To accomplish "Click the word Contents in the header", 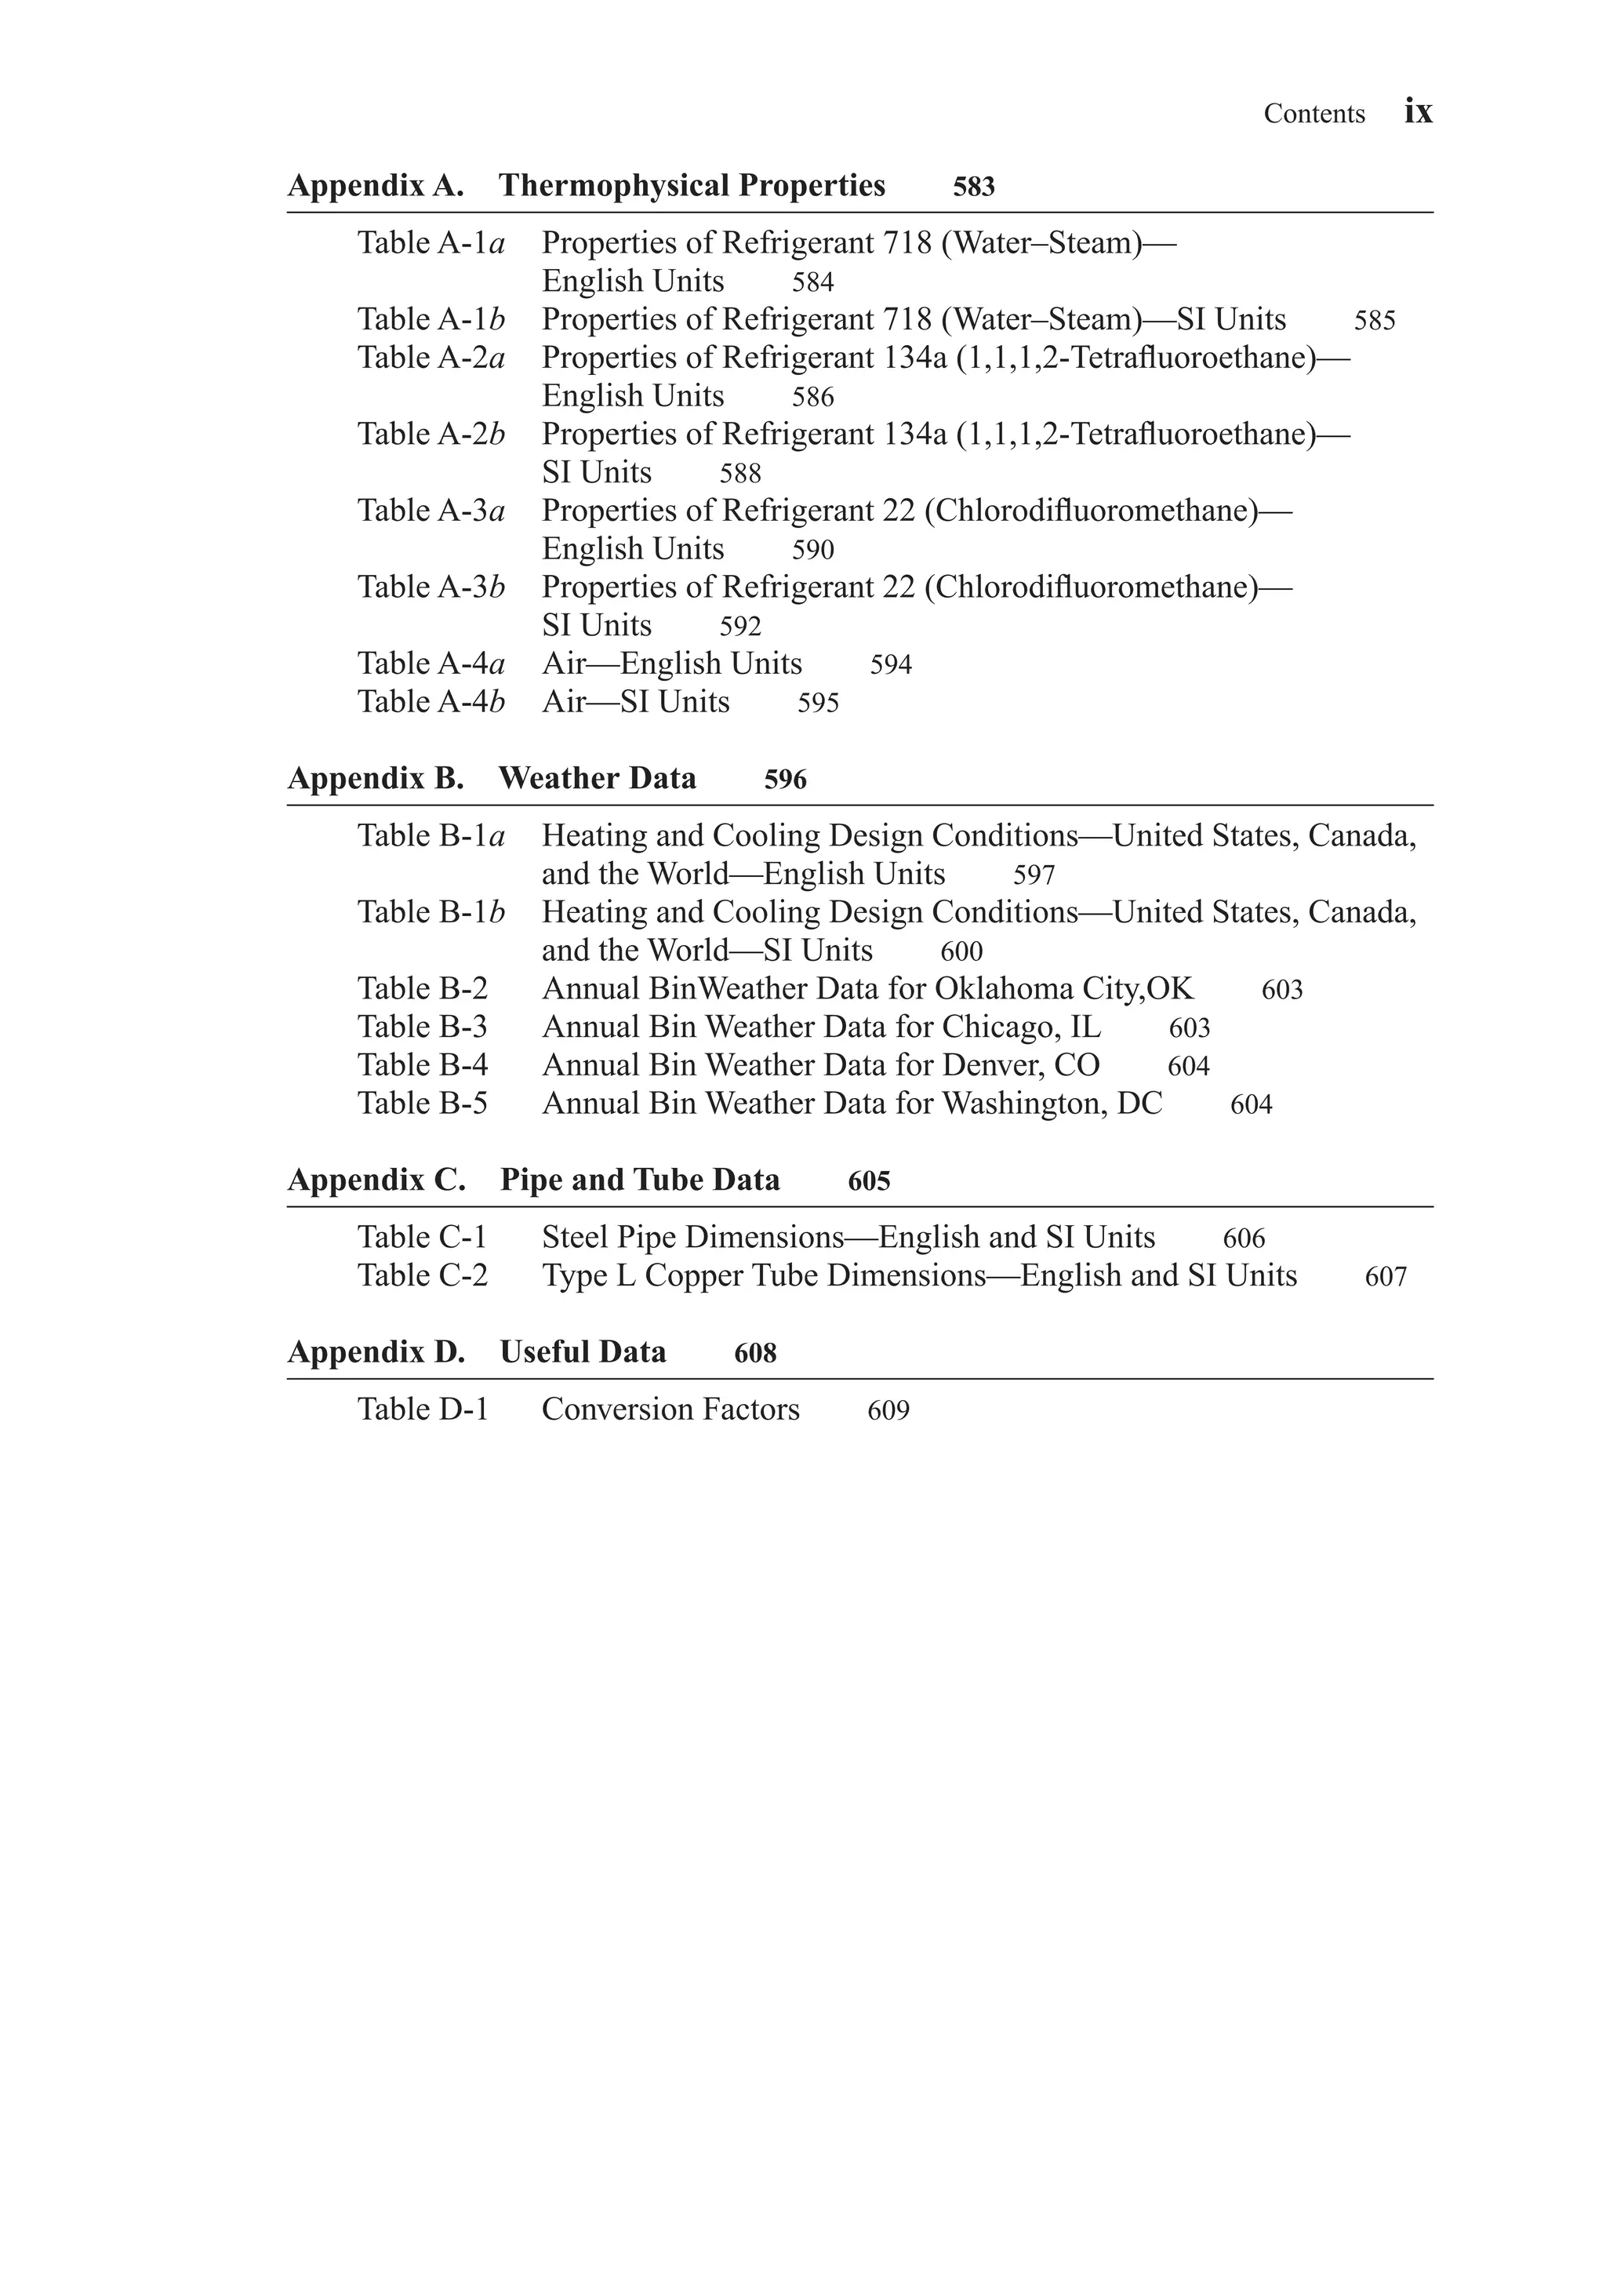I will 1314,114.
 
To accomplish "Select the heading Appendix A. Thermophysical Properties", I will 586,186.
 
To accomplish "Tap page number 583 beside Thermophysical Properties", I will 973,187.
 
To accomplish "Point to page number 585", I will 1374,321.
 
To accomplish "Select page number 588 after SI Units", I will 739,474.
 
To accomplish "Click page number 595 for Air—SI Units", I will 817,704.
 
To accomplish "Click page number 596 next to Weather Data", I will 784,780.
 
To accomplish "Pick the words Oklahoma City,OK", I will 1063,988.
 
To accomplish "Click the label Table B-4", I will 423,1065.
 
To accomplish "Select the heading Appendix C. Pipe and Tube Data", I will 534,1180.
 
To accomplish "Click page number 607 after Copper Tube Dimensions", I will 1385,1278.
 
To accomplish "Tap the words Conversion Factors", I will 670,1409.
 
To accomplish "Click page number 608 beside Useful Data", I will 754,1354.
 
